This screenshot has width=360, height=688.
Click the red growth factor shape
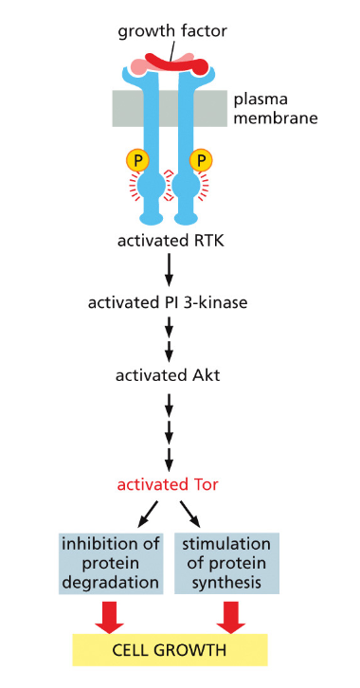click(x=180, y=63)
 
